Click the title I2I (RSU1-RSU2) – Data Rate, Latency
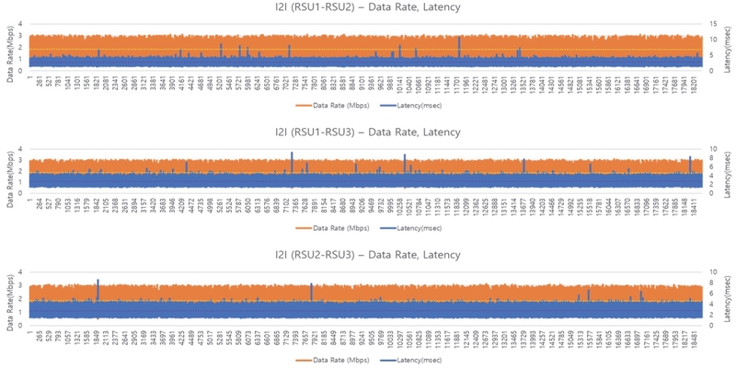368,8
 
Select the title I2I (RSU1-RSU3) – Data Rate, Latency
368,132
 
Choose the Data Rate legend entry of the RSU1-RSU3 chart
326,226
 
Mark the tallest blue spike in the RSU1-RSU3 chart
292,155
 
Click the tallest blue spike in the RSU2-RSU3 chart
98,282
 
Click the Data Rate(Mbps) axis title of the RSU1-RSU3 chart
9,170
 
